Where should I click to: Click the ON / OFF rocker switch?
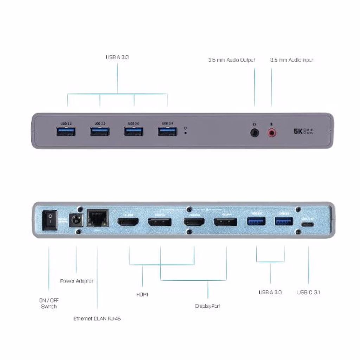tap(50, 220)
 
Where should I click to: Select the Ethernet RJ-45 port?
tap(97, 218)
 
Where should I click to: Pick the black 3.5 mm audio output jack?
tap(255, 133)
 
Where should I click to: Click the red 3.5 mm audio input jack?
tap(271, 133)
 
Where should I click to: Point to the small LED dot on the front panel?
tap(185, 133)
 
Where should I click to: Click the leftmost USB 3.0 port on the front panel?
tap(66, 132)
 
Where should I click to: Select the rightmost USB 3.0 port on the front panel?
tap(167, 132)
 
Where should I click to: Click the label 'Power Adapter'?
tap(77, 281)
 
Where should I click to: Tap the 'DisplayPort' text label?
tap(208, 306)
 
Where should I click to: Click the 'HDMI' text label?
tap(142, 294)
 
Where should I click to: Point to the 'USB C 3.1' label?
tap(308, 292)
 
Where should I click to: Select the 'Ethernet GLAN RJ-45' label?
tap(97, 319)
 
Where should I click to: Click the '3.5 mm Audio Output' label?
tap(232, 60)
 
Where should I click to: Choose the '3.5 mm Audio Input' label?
tap(291, 60)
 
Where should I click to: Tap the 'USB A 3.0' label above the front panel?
tap(117, 57)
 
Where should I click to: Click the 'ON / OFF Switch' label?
tap(49, 303)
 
